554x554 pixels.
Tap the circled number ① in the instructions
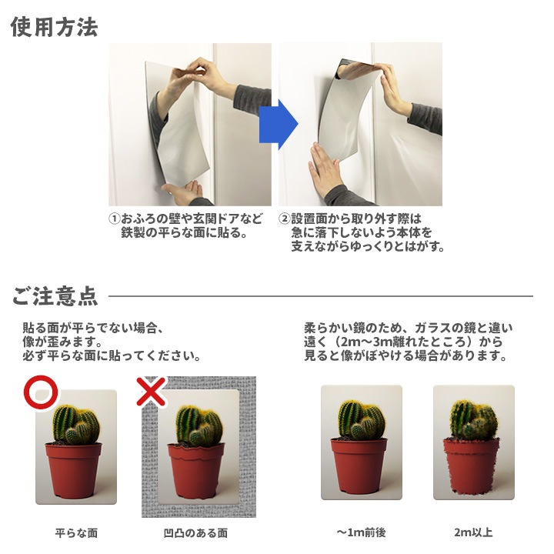pos(114,219)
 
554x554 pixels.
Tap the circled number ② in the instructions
pos(284,219)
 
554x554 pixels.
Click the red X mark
pos(152,392)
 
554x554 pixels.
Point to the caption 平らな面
pos(76,532)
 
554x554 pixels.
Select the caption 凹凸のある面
pos(195,532)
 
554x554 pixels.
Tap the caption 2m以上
pos(474,532)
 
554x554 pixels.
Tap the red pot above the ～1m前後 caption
pos(360,466)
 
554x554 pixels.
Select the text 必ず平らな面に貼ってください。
pos(112,357)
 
